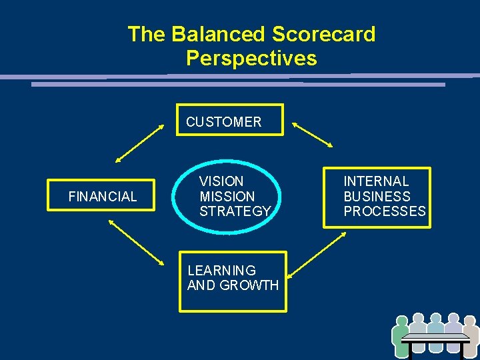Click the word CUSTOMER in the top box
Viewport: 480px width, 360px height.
(223, 122)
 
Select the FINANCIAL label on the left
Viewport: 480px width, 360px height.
(103, 197)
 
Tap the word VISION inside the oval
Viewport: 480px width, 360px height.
(221, 181)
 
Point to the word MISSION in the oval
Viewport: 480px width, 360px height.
(227, 197)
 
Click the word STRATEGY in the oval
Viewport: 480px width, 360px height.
(235, 211)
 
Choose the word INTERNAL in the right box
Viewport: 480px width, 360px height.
(376, 181)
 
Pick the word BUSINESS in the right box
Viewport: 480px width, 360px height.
(377, 197)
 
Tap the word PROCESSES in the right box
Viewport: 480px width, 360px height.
(384, 211)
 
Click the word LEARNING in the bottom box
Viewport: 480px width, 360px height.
(221, 271)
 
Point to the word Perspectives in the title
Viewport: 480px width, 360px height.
(251, 59)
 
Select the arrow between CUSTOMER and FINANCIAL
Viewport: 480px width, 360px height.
(139, 143)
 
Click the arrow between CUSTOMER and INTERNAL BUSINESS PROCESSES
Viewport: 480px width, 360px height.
(312, 135)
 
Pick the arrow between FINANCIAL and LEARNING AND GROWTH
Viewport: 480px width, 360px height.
(136, 243)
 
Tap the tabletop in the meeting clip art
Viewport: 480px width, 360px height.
(436, 337)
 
